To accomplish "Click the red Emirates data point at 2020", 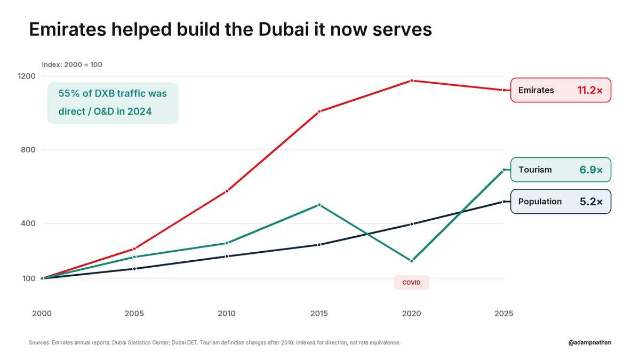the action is click(411, 81).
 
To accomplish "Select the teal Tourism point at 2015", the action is click(319, 205).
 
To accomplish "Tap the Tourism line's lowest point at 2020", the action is click(411, 261).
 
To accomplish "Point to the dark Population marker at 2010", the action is click(227, 257).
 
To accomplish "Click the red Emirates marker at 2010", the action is click(227, 191).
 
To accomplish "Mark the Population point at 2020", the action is click(411, 225).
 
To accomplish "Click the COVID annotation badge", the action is click(411, 283).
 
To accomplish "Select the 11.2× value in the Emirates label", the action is click(590, 90).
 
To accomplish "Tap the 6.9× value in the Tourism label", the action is click(591, 170).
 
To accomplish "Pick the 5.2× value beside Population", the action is click(591, 202).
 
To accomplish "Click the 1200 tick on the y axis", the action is click(27, 76).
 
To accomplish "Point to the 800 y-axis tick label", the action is click(28, 150).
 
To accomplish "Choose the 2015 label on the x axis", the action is click(319, 314).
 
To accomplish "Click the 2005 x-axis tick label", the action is click(134, 314).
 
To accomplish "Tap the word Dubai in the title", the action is click(284, 29).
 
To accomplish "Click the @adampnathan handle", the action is click(590, 342).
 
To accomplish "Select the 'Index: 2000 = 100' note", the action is click(72, 65).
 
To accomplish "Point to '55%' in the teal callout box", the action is click(69, 93).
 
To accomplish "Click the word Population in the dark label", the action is click(540, 202).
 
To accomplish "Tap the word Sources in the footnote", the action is click(39, 342).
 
